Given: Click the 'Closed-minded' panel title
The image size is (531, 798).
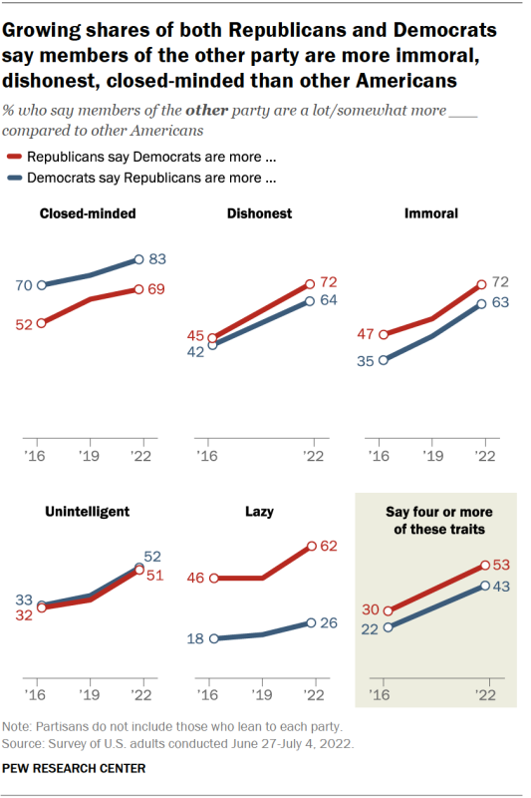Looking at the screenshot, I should pos(87,212).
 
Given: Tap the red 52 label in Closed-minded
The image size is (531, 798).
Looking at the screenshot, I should pos(22,323).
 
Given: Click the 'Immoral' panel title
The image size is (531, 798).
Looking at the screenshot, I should pos(430,212).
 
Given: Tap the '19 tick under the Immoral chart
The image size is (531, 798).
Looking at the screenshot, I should pos(430,454).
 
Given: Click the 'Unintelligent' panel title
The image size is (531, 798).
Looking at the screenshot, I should pos(88,512).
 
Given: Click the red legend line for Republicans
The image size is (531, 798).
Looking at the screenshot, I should pos(15,157).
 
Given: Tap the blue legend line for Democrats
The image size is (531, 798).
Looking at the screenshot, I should pos(15,179).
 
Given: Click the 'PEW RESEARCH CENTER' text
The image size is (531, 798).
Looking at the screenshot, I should pos(75,768).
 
